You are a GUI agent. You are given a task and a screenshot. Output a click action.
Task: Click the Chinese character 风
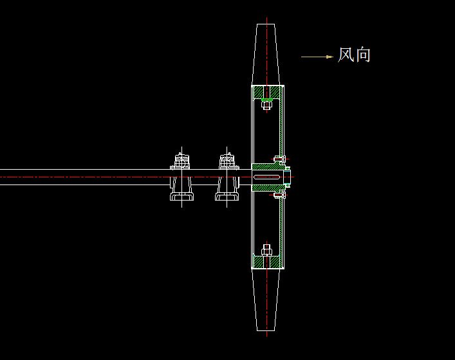click(x=346, y=55)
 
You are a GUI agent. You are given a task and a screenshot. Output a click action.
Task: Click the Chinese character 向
click(x=363, y=55)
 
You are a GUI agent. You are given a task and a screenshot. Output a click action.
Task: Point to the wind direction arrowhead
click(x=330, y=57)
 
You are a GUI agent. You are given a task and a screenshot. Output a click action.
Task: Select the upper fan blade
click(x=266, y=55)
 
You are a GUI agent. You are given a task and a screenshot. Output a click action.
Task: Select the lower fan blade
click(x=266, y=300)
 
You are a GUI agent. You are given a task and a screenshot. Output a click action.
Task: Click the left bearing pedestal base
click(x=181, y=197)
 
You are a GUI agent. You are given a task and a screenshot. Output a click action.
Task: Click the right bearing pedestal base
click(x=227, y=197)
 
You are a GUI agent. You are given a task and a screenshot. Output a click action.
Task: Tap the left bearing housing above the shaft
click(x=181, y=161)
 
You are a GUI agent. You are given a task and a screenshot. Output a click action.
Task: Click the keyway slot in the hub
click(x=266, y=177)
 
